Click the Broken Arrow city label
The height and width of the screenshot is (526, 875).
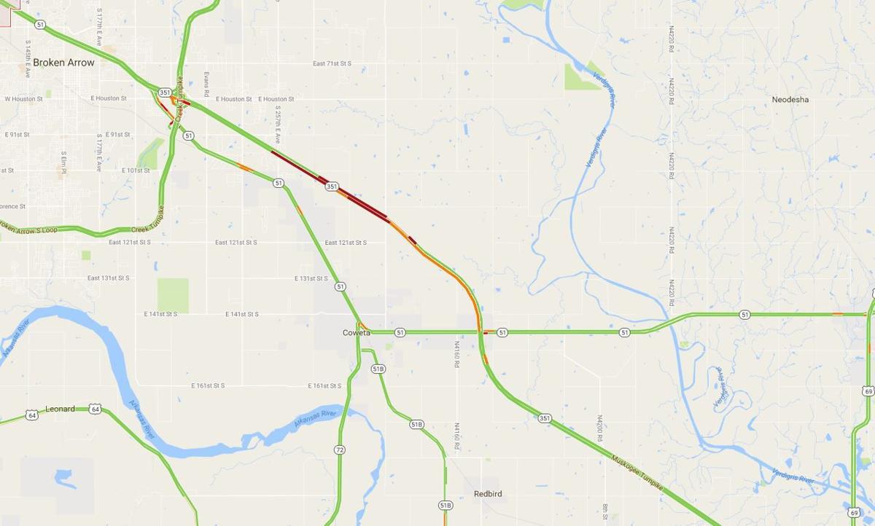tap(63, 63)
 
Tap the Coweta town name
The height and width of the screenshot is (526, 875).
tap(357, 333)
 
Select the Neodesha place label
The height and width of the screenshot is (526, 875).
tap(790, 99)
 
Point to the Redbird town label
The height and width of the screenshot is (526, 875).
tap(487, 494)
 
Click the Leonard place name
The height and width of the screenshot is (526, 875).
tap(60, 409)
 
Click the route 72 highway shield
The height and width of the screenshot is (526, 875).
tap(340, 450)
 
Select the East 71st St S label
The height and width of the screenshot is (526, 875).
tap(332, 64)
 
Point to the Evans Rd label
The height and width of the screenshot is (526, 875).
tap(206, 84)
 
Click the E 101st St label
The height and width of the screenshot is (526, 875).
tap(136, 170)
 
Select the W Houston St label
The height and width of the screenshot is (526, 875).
tap(23, 99)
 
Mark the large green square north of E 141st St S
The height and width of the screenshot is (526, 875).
tap(173, 295)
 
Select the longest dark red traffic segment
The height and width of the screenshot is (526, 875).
tap(328, 187)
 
